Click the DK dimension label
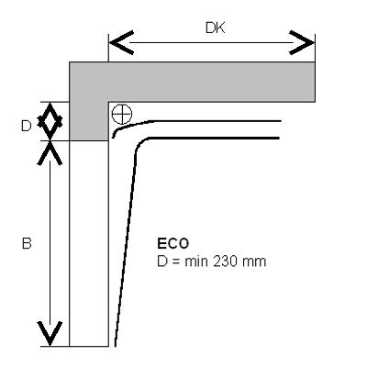[216, 28]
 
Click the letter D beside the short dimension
[27, 126]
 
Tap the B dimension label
[27, 244]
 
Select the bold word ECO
[173, 244]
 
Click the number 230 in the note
[225, 261]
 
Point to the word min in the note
[196, 261]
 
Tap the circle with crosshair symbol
[122, 114]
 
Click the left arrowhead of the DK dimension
[121, 42]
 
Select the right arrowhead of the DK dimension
[302, 42]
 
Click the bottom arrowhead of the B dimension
[50, 334]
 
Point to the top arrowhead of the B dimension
[50, 152]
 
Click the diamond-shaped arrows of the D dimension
[50, 121]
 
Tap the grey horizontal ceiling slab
[212, 82]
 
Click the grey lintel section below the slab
[89, 121]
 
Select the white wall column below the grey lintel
[89, 243]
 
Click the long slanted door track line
[126, 249]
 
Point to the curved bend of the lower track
[139, 144]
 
